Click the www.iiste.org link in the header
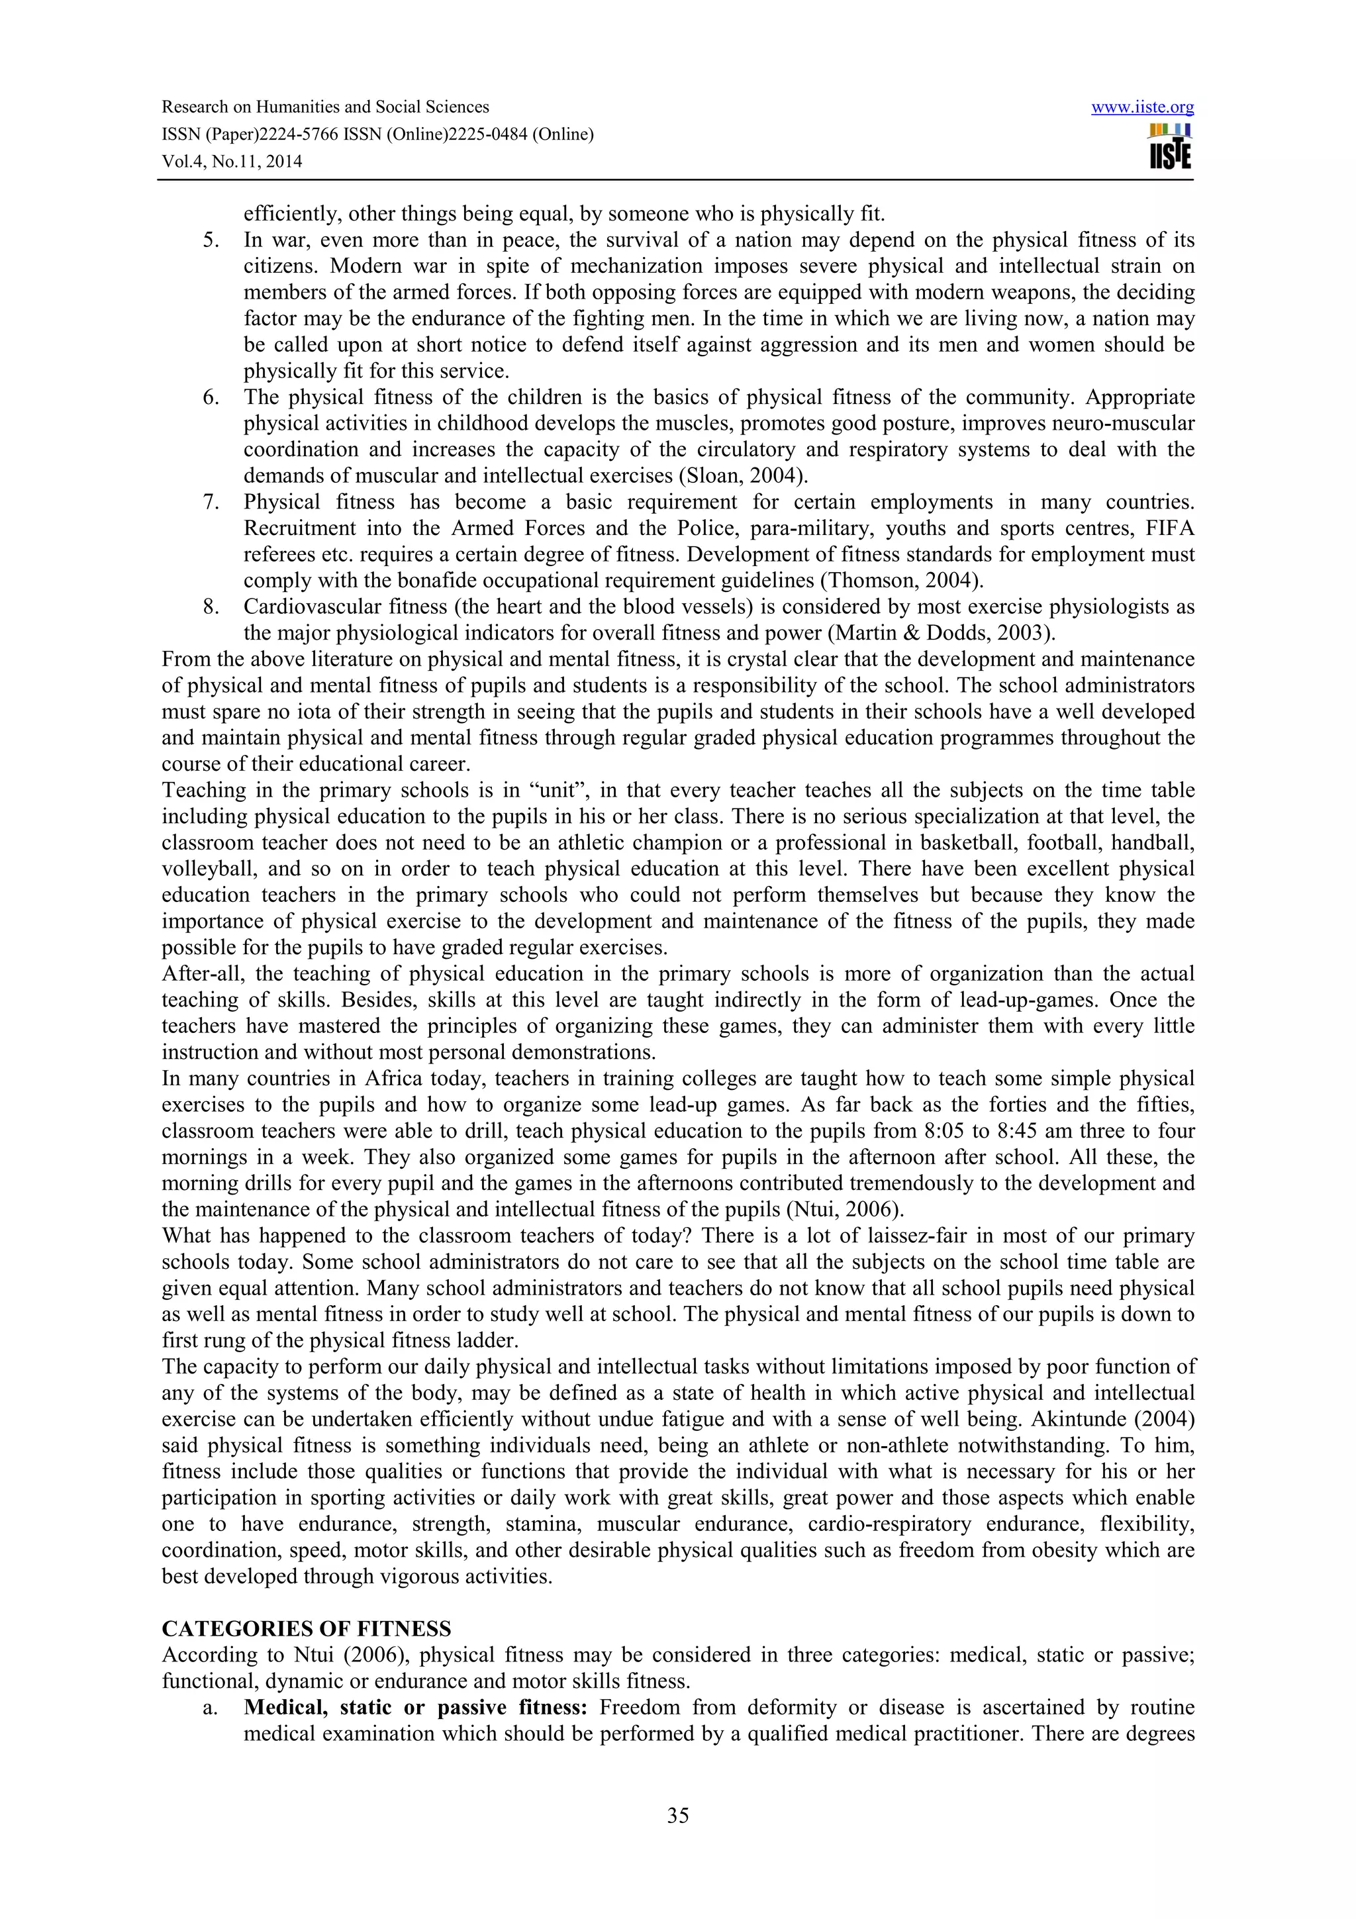click(x=1142, y=108)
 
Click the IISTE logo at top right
click(x=1170, y=146)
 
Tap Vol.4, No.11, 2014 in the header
click(x=232, y=162)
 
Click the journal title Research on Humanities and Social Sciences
click(x=325, y=108)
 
